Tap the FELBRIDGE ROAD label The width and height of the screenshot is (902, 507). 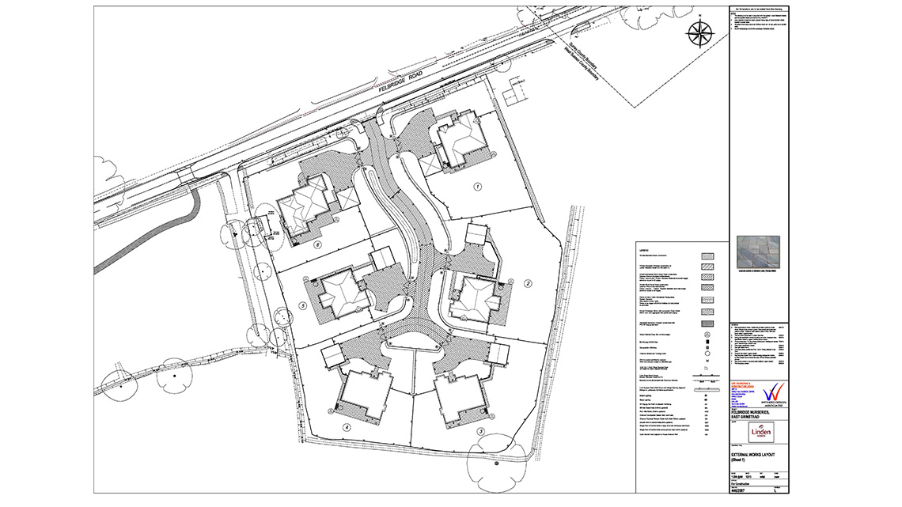[401, 83]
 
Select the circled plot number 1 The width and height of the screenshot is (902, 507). [477, 187]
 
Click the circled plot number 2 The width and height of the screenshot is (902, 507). [526, 282]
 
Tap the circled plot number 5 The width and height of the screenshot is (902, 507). [302, 305]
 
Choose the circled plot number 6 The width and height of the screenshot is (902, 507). [317, 245]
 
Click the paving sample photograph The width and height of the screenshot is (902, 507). [758, 252]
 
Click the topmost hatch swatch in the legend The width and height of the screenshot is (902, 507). [707, 255]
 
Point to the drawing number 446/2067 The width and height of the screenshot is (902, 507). [740, 490]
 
